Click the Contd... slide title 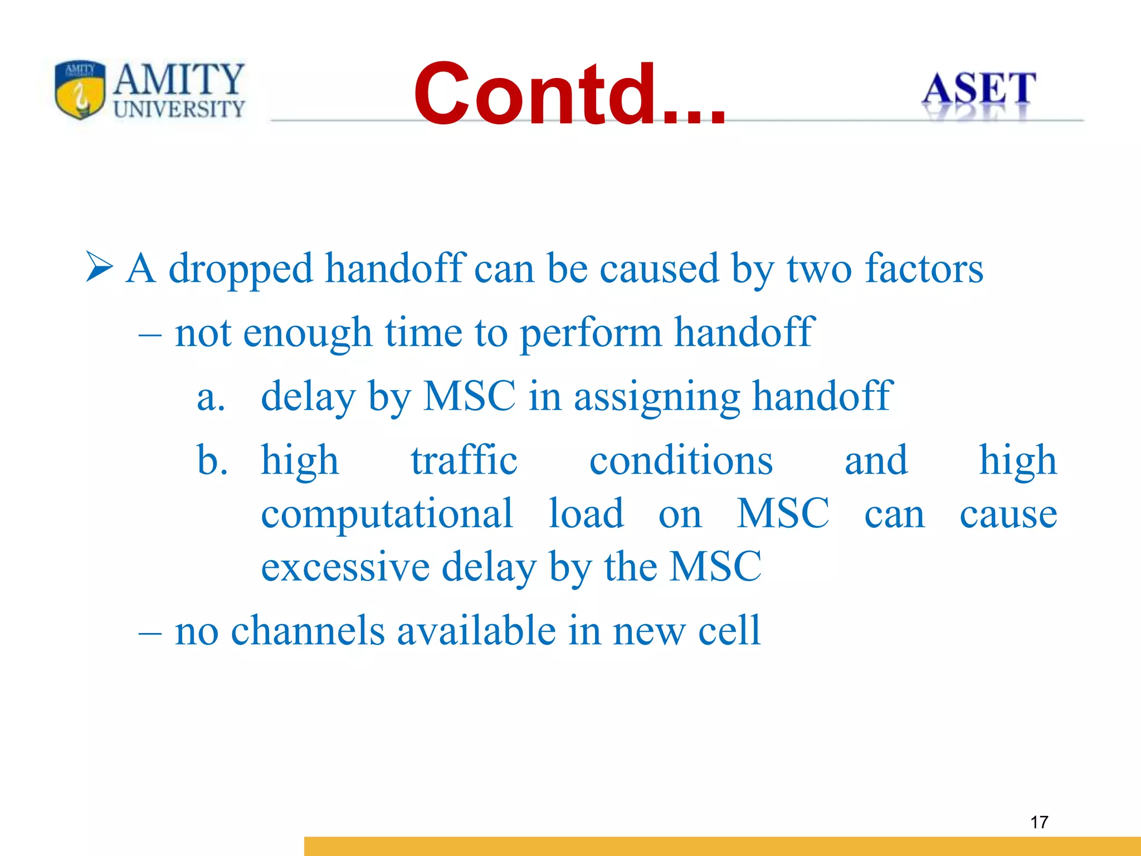click(569, 95)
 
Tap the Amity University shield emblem click(80, 90)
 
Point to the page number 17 click(1039, 822)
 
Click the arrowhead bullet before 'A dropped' click(99, 267)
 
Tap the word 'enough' click(307, 333)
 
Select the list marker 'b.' click(212, 461)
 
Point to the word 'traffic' click(464, 461)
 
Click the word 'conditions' click(681, 461)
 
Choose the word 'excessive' click(345, 567)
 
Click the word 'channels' click(308, 631)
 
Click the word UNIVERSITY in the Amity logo click(179, 109)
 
